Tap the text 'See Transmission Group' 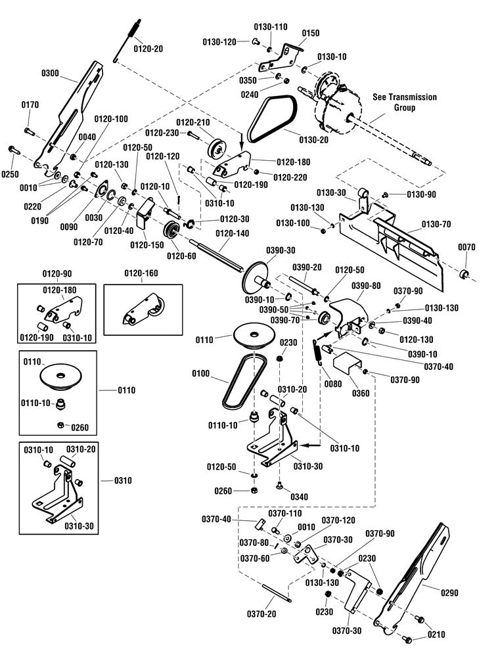[x=404, y=102]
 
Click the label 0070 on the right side [x=467, y=247]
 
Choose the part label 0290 [x=450, y=593]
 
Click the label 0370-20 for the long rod [x=262, y=614]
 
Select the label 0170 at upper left [x=30, y=104]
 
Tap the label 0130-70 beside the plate [x=436, y=224]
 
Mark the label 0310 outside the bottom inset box [x=122, y=480]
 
